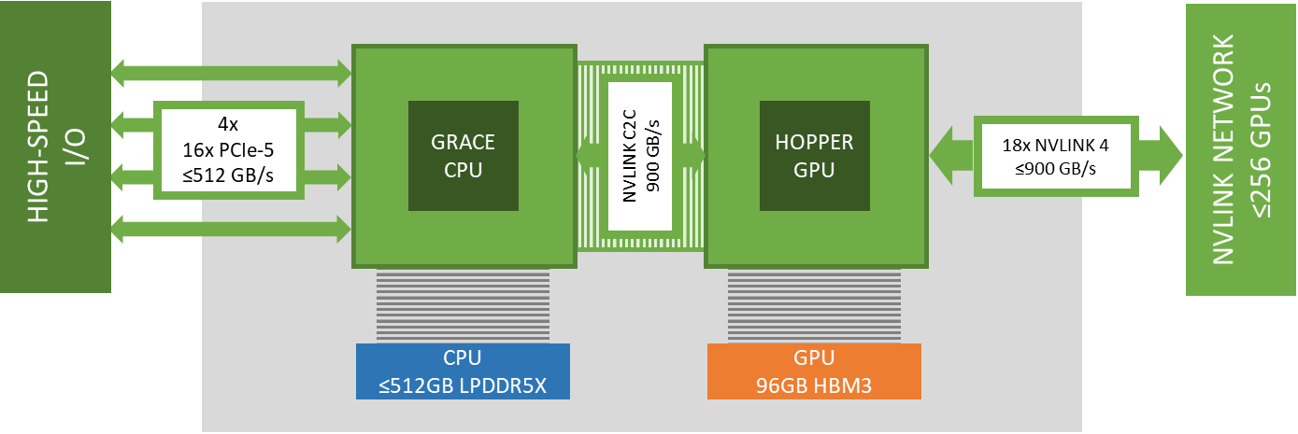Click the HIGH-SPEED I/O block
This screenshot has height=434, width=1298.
pos(55,147)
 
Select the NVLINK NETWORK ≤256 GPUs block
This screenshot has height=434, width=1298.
pos(1240,149)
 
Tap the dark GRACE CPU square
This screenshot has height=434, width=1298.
pos(464,155)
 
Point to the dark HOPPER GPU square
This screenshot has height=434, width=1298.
pos(816,155)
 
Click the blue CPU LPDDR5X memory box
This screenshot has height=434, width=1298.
pos(463,371)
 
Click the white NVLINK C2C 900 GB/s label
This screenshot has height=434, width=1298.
pos(640,155)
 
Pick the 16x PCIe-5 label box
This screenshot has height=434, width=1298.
pos(229,148)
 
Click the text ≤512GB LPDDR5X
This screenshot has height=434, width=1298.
pos(463,384)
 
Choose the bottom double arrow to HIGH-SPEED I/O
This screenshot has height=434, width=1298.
pos(230,227)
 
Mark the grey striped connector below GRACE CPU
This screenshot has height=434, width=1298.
pos(463,304)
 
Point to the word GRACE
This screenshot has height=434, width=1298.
pos(464,143)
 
